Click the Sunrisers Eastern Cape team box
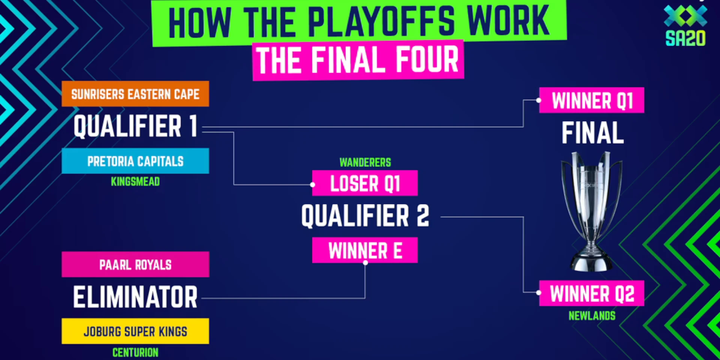click(x=135, y=94)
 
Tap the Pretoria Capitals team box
click(x=135, y=161)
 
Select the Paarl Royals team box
click(x=135, y=265)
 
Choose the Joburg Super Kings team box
click(x=135, y=331)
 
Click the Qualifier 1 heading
click(x=135, y=126)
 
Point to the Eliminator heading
click(x=135, y=297)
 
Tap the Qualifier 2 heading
click(x=365, y=216)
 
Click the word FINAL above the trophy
click(x=592, y=133)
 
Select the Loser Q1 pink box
click(x=365, y=183)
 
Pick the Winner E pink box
click(x=365, y=250)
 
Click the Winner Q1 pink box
click(x=592, y=100)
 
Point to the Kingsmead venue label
click(x=135, y=181)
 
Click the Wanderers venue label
click(x=365, y=162)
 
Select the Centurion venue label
click(x=135, y=352)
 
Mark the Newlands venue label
click(x=592, y=316)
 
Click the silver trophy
click(x=591, y=210)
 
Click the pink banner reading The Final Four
click(x=358, y=60)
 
